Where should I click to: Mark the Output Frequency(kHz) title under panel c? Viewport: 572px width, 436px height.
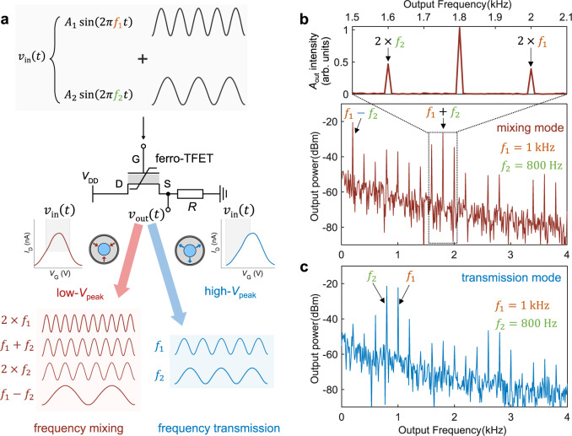[455, 428]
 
